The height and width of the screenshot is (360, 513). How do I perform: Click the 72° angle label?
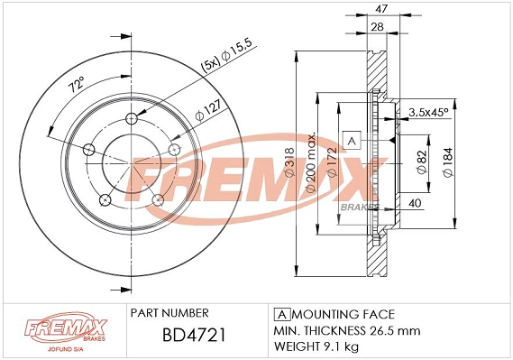tap(76, 87)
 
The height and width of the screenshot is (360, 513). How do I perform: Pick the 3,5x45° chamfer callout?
tap(429, 113)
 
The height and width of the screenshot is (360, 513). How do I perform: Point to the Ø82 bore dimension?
tap(422, 161)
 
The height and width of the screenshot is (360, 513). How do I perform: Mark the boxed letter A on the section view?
tap(353, 142)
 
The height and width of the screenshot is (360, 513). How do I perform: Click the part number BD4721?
tap(193, 337)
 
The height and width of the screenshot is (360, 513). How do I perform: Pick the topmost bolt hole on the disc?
tap(133, 118)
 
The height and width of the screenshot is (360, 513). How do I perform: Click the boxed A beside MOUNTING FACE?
tap(279, 314)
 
